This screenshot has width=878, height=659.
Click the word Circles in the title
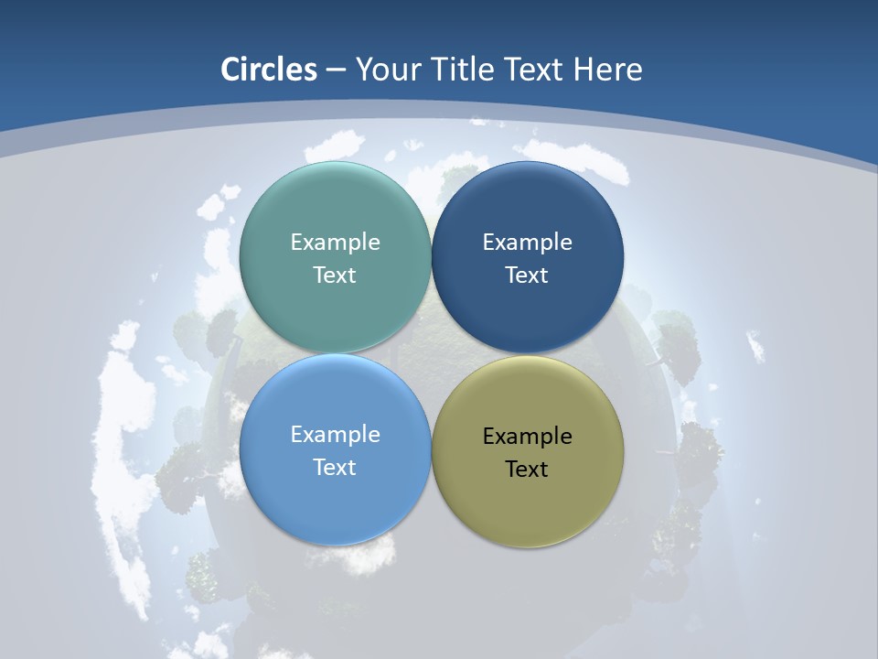click(269, 70)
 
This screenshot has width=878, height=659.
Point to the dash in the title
click(336, 70)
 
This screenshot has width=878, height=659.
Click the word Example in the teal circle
click(335, 243)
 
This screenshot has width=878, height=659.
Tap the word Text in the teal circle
click(335, 275)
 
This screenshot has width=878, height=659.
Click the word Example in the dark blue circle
click(527, 243)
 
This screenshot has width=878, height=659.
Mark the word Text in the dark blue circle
click(527, 275)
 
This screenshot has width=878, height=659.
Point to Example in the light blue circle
click(335, 435)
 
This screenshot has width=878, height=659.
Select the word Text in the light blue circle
click(335, 468)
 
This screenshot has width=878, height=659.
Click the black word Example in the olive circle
click(527, 437)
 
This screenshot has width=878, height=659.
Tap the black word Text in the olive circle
click(527, 470)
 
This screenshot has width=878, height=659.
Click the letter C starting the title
click(230, 70)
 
